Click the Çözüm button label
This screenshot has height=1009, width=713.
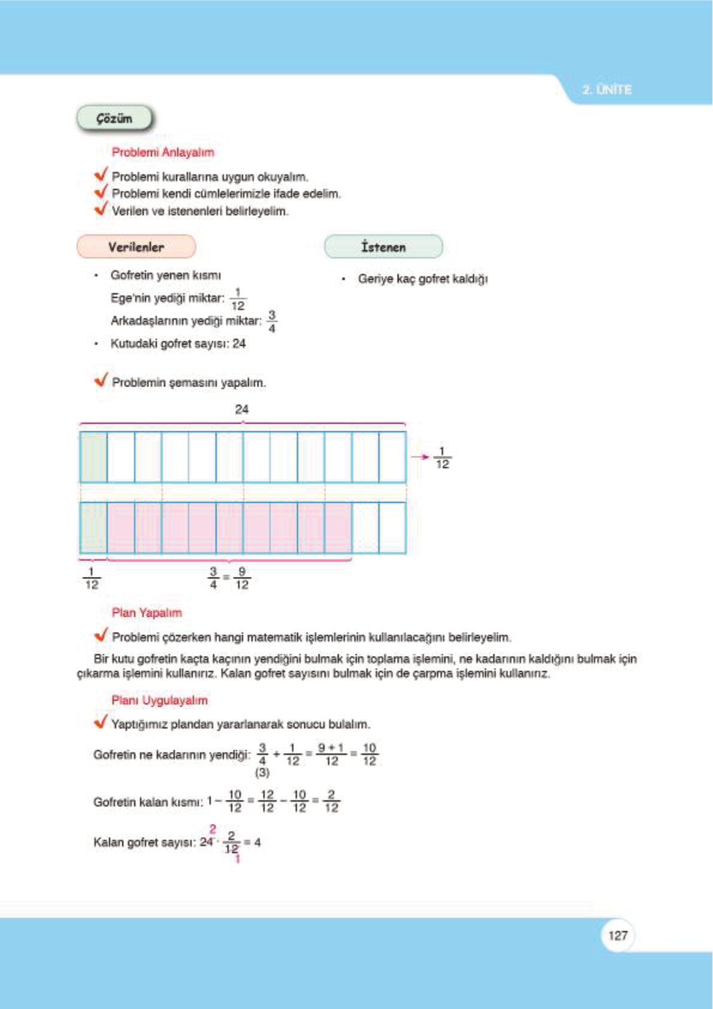tap(114, 119)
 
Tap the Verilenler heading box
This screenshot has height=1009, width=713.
tap(136, 247)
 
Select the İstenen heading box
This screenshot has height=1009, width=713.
tap(383, 247)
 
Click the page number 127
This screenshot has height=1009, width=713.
tap(617, 935)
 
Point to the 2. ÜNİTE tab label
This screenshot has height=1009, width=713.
tap(606, 90)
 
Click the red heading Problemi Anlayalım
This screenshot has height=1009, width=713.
tap(163, 152)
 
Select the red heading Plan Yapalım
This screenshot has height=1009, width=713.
tap(147, 612)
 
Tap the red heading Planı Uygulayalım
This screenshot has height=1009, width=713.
tap(159, 700)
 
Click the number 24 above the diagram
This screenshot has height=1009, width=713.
tap(242, 409)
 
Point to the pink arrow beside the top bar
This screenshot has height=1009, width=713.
tap(420, 457)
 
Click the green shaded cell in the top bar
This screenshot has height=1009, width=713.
tap(94, 457)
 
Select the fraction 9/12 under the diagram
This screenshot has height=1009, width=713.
tap(242, 578)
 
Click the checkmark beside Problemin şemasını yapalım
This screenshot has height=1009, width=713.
tap(101, 380)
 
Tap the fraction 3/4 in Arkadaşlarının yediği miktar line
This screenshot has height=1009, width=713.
tap(272, 321)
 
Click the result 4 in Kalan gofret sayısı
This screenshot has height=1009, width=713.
tap(257, 842)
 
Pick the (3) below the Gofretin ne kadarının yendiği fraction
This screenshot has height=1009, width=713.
tap(262, 773)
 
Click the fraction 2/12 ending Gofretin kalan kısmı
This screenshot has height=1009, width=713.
tap(331, 801)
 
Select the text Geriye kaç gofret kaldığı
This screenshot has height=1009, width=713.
tap(423, 279)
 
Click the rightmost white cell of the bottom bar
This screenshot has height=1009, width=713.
tap(393, 528)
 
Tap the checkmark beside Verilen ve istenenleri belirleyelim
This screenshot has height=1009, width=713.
tap(101, 209)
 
